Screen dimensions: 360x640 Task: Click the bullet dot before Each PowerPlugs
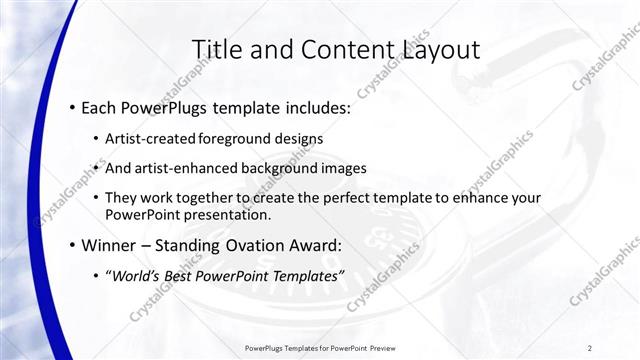pyautogui.click(x=72, y=106)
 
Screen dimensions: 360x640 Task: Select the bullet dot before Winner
pyautogui.click(x=72, y=245)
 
